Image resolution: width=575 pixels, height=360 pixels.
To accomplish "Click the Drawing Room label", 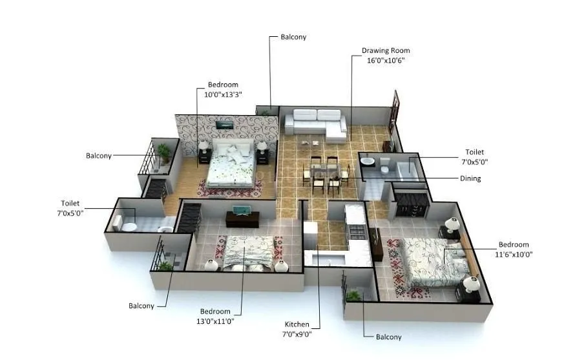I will click(386, 50).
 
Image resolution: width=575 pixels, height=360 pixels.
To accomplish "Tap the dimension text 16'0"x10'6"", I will click(386, 60).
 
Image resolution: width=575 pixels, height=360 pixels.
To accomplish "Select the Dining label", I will click(470, 178).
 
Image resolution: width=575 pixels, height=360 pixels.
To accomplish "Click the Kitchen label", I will click(297, 324).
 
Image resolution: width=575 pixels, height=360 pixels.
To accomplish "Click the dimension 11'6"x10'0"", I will click(514, 254).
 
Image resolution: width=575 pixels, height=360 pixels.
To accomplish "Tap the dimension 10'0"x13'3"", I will click(223, 94).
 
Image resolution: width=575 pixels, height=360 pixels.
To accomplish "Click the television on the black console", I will click(240, 210).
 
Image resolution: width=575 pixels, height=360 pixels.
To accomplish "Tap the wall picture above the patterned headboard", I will click(224, 124).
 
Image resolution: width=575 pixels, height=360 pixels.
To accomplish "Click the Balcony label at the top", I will click(293, 37).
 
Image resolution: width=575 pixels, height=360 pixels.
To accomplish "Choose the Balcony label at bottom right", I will click(388, 337).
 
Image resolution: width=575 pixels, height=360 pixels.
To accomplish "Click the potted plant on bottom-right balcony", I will click(353, 295).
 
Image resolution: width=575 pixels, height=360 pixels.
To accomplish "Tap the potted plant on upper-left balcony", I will click(165, 153).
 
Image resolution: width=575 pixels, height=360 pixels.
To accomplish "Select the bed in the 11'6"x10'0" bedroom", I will click(426, 262).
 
